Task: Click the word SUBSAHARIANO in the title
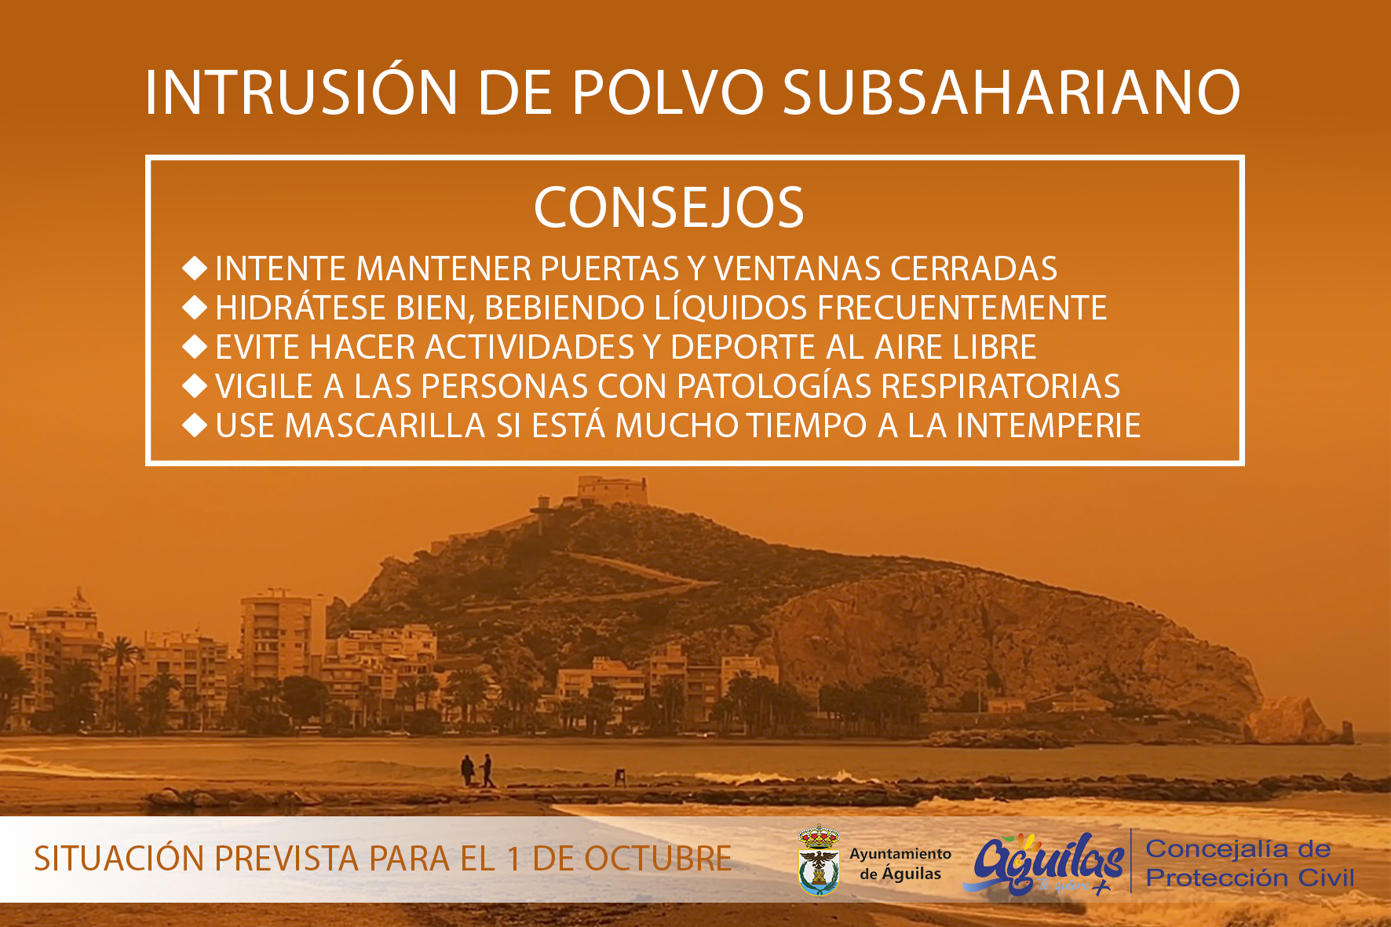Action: [x=1012, y=93]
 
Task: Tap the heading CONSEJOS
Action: [x=670, y=208]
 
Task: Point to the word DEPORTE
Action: [x=743, y=347]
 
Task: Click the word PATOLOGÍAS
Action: [x=774, y=385]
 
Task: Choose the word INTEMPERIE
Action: [x=1048, y=425]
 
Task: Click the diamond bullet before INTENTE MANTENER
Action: [x=195, y=268]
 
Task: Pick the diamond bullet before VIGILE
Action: [x=195, y=385]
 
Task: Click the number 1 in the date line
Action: [x=514, y=859]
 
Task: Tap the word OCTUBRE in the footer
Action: [x=659, y=859]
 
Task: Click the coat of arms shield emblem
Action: [x=819, y=860]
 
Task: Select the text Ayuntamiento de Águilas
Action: [x=900, y=863]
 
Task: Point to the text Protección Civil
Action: [x=1250, y=878]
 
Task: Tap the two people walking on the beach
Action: [x=478, y=770]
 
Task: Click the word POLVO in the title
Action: [x=668, y=93]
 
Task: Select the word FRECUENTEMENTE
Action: [x=962, y=308]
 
